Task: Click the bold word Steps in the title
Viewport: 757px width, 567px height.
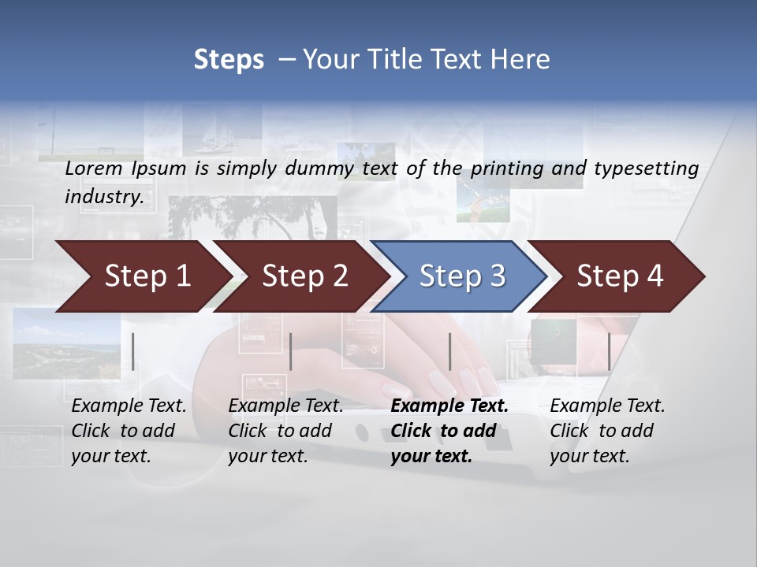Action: pyautogui.click(x=229, y=60)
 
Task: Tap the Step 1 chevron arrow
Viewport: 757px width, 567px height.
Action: pyautogui.click(x=142, y=276)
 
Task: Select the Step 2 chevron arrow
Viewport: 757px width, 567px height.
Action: pyautogui.click(x=300, y=276)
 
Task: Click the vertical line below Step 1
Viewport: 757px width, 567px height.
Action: pyautogui.click(x=133, y=351)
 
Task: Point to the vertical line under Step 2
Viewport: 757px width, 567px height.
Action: pyautogui.click(x=291, y=351)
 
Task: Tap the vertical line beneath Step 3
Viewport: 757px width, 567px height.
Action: pyautogui.click(x=449, y=351)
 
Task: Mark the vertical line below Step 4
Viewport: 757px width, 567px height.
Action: pyautogui.click(x=609, y=351)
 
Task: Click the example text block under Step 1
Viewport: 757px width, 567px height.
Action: pyautogui.click(x=129, y=431)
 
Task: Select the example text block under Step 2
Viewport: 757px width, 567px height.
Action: pyautogui.click(x=285, y=431)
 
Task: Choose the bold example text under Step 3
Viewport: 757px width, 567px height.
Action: pyautogui.click(x=449, y=431)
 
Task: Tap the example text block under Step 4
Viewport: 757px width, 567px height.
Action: pyautogui.click(x=607, y=431)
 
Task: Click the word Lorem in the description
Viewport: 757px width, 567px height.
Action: pyautogui.click(x=93, y=168)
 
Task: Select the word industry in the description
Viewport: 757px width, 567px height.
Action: pyautogui.click(x=103, y=197)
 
